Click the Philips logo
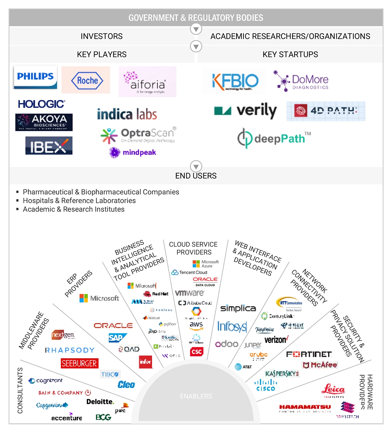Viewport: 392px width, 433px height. point(35,77)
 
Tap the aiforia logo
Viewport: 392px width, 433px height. point(147,82)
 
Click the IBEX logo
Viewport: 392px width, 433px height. point(49,146)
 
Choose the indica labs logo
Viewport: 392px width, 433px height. point(127,114)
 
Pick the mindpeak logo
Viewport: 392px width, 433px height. point(133,152)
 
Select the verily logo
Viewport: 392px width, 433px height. point(246,111)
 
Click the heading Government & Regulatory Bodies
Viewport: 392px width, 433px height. point(196,18)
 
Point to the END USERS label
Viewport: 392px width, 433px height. point(196,176)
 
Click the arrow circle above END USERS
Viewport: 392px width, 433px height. point(196,166)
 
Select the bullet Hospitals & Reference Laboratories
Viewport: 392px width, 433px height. point(79,200)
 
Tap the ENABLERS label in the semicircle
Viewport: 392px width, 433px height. point(196,396)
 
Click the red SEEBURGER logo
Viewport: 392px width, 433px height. point(79,363)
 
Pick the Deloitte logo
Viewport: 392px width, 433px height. point(100,401)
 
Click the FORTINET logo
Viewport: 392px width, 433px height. point(309,354)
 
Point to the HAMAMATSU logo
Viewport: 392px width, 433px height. point(305,407)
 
